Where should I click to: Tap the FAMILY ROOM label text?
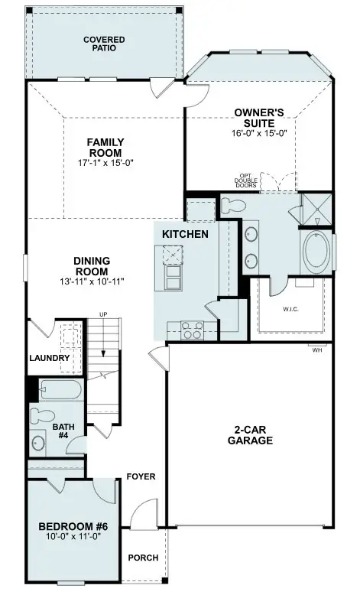(x=105, y=147)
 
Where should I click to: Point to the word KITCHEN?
(x=183, y=233)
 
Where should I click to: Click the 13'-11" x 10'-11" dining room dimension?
(x=91, y=281)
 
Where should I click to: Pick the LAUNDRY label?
(x=50, y=358)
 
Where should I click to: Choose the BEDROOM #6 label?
(x=71, y=527)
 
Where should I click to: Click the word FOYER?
(x=141, y=476)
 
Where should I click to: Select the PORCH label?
(x=143, y=558)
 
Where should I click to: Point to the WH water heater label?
(x=316, y=350)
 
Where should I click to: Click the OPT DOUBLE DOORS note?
(x=245, y=182)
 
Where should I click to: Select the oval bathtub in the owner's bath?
(x=316, y=253)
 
